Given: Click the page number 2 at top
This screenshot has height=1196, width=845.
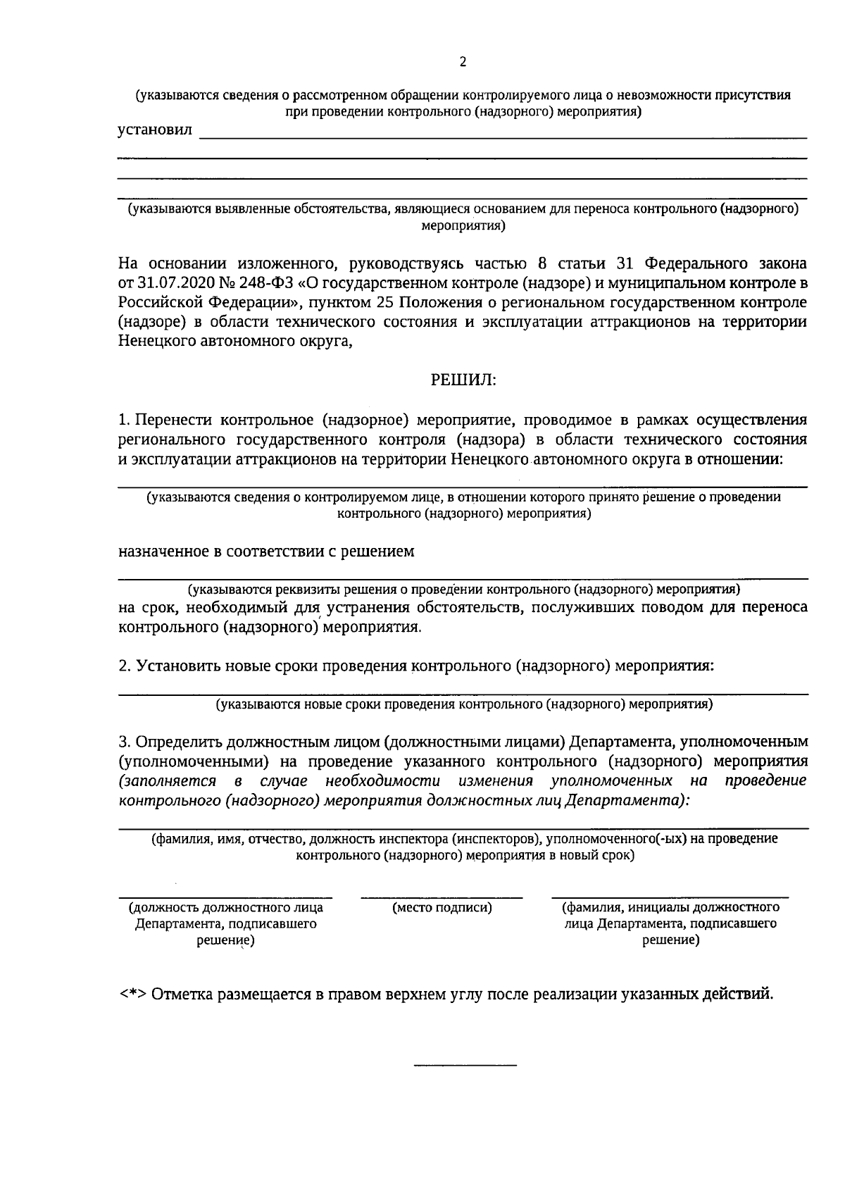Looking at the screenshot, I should tap(463, 62).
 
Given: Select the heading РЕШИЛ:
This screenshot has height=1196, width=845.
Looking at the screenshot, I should tap(463, 380).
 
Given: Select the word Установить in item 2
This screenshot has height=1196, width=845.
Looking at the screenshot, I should tap(179, 666).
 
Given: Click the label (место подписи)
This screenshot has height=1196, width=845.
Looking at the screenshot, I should tap(442, 908).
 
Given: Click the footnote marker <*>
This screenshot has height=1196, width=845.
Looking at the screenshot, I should tap(132, 995).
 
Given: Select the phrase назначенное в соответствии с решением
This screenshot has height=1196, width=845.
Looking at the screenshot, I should tap(266, 552).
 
